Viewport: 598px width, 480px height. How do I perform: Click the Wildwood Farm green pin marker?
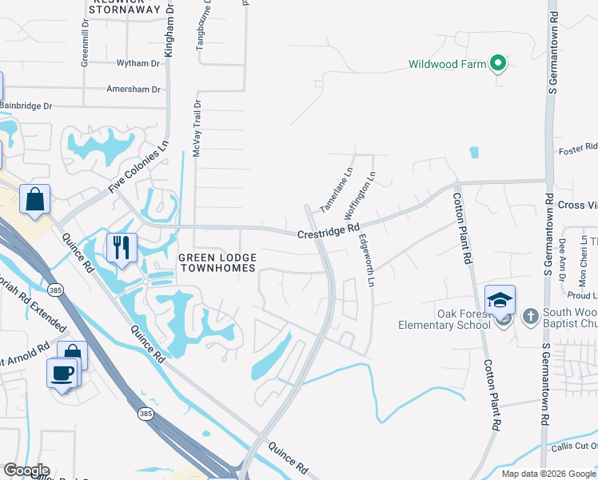tap(498, 63)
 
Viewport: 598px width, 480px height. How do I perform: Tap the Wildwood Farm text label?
tap(448, 64)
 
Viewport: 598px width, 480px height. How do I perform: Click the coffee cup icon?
tap(63, 372)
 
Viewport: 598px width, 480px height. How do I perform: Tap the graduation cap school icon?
tap(500, 300)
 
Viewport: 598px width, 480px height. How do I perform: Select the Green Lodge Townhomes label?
tap(217, 262)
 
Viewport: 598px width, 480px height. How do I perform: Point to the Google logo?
tap(26, 470)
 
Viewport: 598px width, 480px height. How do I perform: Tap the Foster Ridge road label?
tap(578, 147)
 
